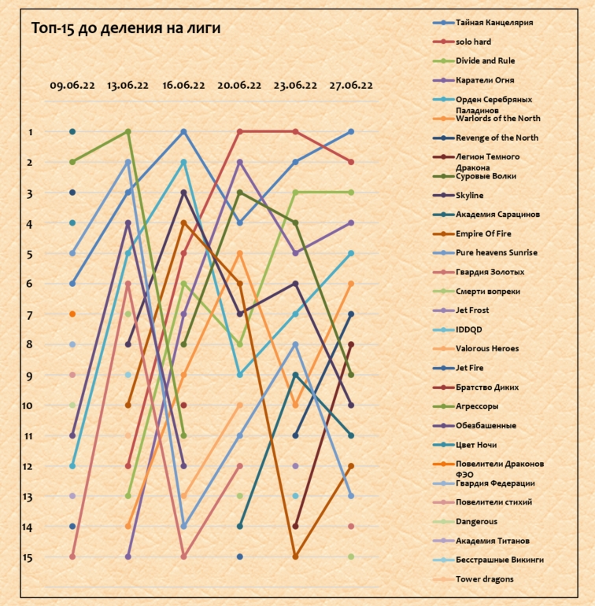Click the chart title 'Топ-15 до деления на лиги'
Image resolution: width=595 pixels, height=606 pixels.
(x=126, y=28)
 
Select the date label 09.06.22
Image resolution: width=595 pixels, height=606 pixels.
(x=72, y=86)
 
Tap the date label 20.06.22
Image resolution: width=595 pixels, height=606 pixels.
(x=239, y=86)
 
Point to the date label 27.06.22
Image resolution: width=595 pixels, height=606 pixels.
(x=351, y=86)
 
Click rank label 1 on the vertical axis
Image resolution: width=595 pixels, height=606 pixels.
(x=29, y=132)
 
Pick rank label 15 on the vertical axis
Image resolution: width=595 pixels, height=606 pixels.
(x=27, y=557)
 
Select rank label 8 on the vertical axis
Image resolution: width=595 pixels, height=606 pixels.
(x=29, y=344)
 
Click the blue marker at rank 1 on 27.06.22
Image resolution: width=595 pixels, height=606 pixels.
(x=351, y=132)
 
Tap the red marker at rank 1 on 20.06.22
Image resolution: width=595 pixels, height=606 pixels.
(x=239, y=132)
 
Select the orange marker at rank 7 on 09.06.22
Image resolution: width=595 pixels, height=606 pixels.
(x=72, y=314)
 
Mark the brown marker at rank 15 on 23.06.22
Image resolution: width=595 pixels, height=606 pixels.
(x=295, y=556)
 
